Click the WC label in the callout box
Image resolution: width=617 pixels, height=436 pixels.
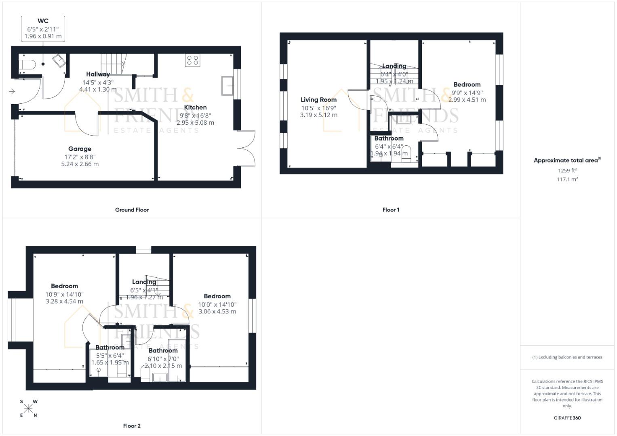pyautogui.click(x=43, y=21)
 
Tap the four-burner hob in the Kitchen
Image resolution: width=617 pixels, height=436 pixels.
pyautogui.click(x=192, y=60)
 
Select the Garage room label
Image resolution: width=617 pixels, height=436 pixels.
pyautogui.click(x=80, y=149)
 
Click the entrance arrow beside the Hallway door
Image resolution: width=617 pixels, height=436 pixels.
pyautogui.click(x=12, y=92)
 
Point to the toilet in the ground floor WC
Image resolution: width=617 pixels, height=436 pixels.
pyautogui.click(x=26, y=65)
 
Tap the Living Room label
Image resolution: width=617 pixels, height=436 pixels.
pyautogui.click(x=318, y=100)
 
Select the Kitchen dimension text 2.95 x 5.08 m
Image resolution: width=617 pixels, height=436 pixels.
pyautogui.click(x=195, y=123)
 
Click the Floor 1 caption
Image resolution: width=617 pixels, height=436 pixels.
pyautogui.click(x=391, y=210)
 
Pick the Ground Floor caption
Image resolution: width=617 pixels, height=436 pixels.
pyautogui.click(x=132, y=210)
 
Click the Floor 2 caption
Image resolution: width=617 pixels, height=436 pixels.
pyautogui.click(x=132, y=426)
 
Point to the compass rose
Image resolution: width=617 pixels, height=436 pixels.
pyautogui.click(x=28, y=409)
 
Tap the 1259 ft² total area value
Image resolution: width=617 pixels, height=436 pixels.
pyautogui.click(x=567, y=170)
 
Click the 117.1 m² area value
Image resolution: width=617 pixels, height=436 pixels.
pyautogui.click(x=567, y=179)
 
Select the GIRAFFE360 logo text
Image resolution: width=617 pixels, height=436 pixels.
pyautogui.click(x=567, y=418)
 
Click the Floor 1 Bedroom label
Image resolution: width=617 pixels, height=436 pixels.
pyautogui.click(x=467, y=84)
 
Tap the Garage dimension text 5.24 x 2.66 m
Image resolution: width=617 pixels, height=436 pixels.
pyautogui.click(x=80, y=164)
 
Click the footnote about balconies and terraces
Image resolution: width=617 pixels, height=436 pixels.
pyautogui.click(x=567, y=357)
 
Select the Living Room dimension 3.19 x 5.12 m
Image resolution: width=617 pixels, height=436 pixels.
pyautogui.click(x=318, y=115)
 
